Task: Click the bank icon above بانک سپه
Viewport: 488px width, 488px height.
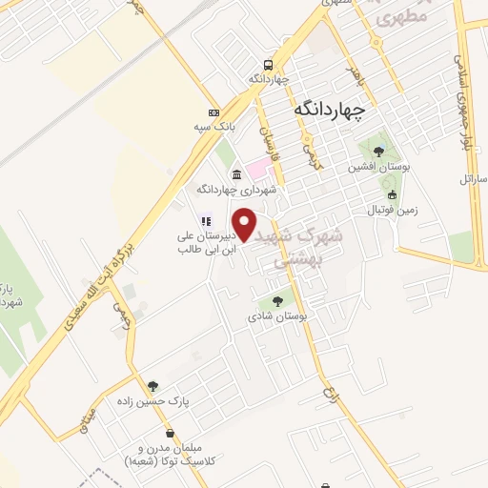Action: [x=214, y=112]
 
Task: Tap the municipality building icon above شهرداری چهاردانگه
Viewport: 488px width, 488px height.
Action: [x=235, y=174]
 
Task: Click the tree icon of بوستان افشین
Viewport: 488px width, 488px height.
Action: [x=378, y=152]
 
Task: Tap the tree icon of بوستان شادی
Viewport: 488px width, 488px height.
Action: [x=277, y=301]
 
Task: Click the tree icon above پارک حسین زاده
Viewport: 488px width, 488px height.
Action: [x=152, y=386]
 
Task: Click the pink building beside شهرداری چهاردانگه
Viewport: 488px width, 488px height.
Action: [x=258, y=169]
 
